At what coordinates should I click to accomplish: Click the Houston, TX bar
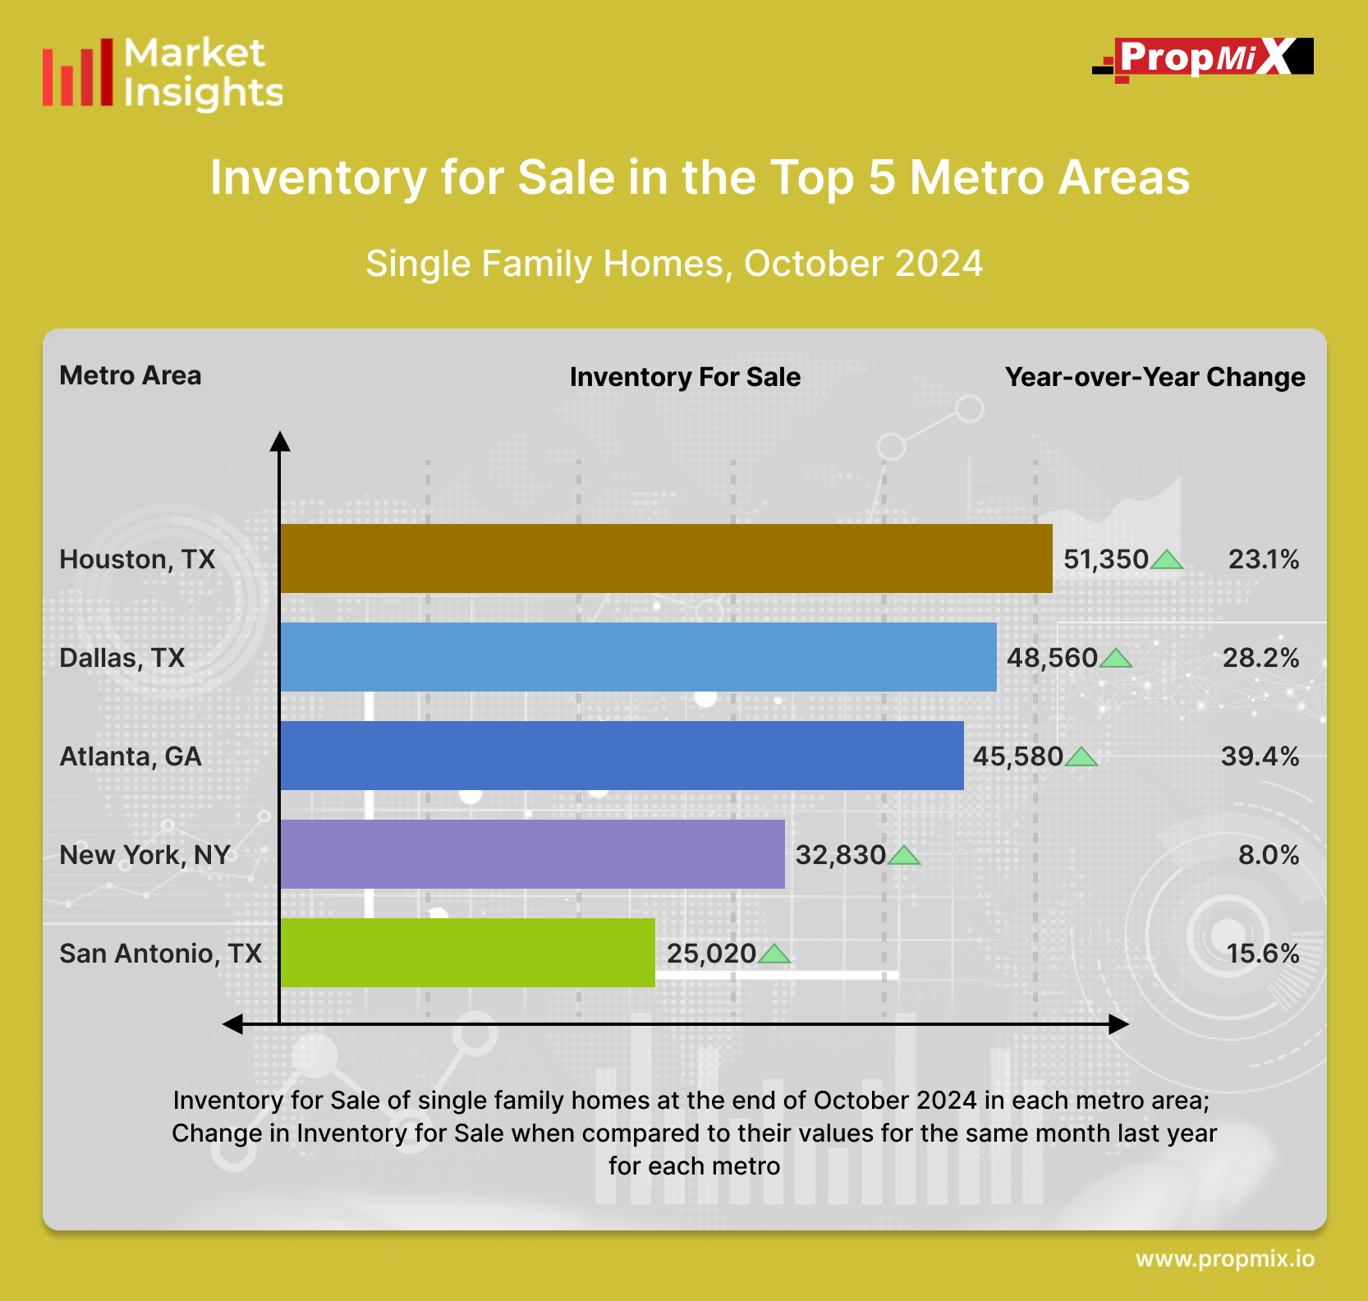coord(666,559)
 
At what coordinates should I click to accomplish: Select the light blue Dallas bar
coord(638,657)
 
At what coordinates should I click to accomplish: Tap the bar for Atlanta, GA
coord(622,756)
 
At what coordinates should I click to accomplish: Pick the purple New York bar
coord(532,854)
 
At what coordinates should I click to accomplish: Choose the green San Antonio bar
coord(467,953)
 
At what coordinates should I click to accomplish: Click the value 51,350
coord(1105,559)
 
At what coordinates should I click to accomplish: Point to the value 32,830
coord(840,855)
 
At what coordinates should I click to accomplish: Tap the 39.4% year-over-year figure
coord(1260,756)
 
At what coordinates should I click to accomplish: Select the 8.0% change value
coord(1268,855)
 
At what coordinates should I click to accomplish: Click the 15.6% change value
coord(1262,954)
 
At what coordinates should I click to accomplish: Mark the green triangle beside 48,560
coord(1116,659)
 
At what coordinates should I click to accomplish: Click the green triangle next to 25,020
coord(774,954)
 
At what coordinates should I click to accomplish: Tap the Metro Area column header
coord(131,375)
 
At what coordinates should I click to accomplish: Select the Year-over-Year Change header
coord(1155,377)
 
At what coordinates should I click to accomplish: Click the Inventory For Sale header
coord(685,377)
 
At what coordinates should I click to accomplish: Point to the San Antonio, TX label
coord(160,954)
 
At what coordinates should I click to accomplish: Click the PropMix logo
coord(1203,58)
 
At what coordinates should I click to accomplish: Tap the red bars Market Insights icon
coord(78,73)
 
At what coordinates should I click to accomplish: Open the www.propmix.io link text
coord(1224,1259)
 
